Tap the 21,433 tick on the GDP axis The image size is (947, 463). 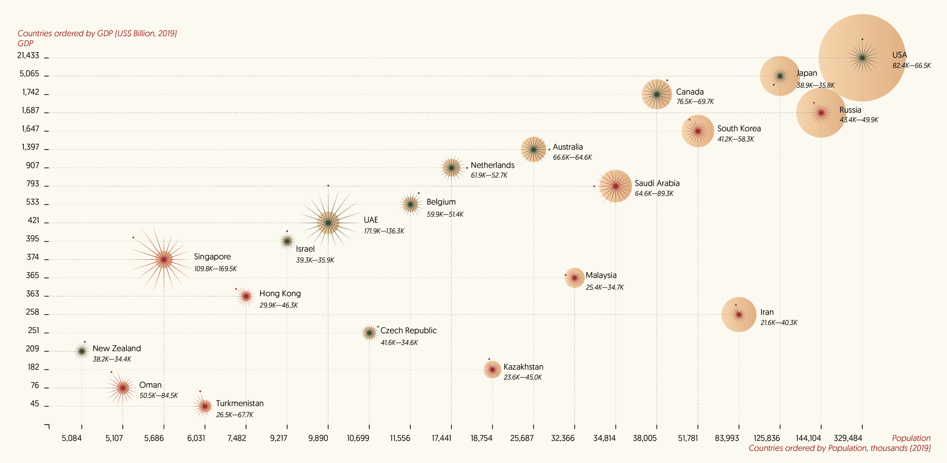pos(28,55)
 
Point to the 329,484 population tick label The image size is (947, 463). pos(847,438)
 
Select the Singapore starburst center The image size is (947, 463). pos(164,259)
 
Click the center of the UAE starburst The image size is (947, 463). pos(328,222)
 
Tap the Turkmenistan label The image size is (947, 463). pos(240,403)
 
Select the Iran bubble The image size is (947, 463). pos(739,314)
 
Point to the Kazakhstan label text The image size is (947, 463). pos(523,367)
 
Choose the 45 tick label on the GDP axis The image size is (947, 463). pos(34,404)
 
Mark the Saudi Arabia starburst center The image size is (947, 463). pos(616,186)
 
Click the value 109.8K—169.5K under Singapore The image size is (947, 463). pos(215,269)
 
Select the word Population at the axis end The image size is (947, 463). pos(911,438)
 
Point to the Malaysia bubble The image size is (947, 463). pos(574,278)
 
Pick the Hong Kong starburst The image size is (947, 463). pos(246,296)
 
